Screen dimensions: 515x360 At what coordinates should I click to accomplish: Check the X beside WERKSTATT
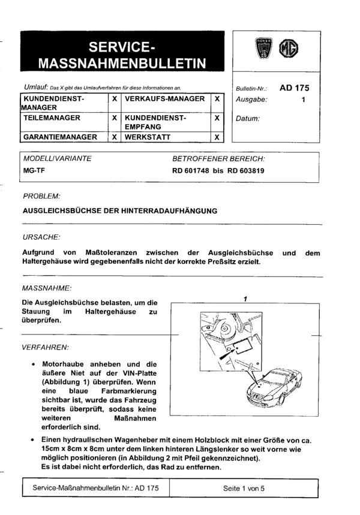point(217,137)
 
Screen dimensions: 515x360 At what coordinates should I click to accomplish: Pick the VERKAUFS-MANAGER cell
point(165,98)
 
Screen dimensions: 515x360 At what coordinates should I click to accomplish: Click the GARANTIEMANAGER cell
point(60,137)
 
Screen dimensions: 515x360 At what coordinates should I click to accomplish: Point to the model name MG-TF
point(34,170)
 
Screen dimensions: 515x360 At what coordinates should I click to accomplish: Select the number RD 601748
point(193,170)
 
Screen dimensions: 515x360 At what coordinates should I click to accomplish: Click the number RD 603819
point(246,170)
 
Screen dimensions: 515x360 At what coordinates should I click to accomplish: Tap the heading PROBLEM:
point(41,196)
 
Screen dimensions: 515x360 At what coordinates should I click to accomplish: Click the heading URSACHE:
point(41,237)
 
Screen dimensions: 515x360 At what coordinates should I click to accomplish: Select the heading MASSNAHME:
point(47,288)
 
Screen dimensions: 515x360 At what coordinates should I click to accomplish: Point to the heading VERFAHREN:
point(46,347)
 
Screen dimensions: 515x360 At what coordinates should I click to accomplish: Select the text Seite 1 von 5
point(244,489)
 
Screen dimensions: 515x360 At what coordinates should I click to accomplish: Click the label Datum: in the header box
point(248,119)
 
